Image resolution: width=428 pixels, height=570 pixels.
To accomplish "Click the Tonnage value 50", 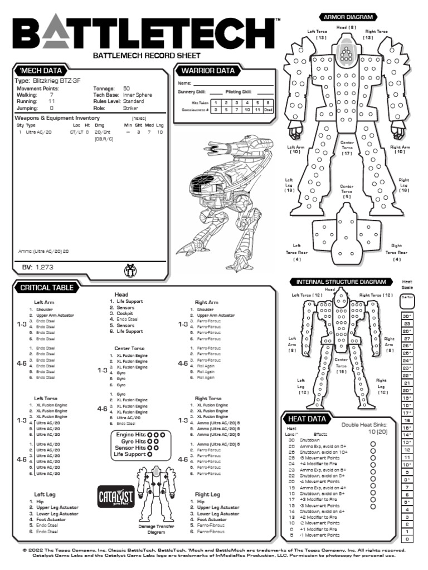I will (127, 89).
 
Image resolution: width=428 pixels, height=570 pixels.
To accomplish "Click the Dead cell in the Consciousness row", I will (268, 110).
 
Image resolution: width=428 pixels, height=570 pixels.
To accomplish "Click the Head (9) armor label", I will (346, 27).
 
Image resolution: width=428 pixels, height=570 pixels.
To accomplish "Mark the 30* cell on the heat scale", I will (407, 316).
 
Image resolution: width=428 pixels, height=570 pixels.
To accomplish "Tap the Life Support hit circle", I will (149, 454).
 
